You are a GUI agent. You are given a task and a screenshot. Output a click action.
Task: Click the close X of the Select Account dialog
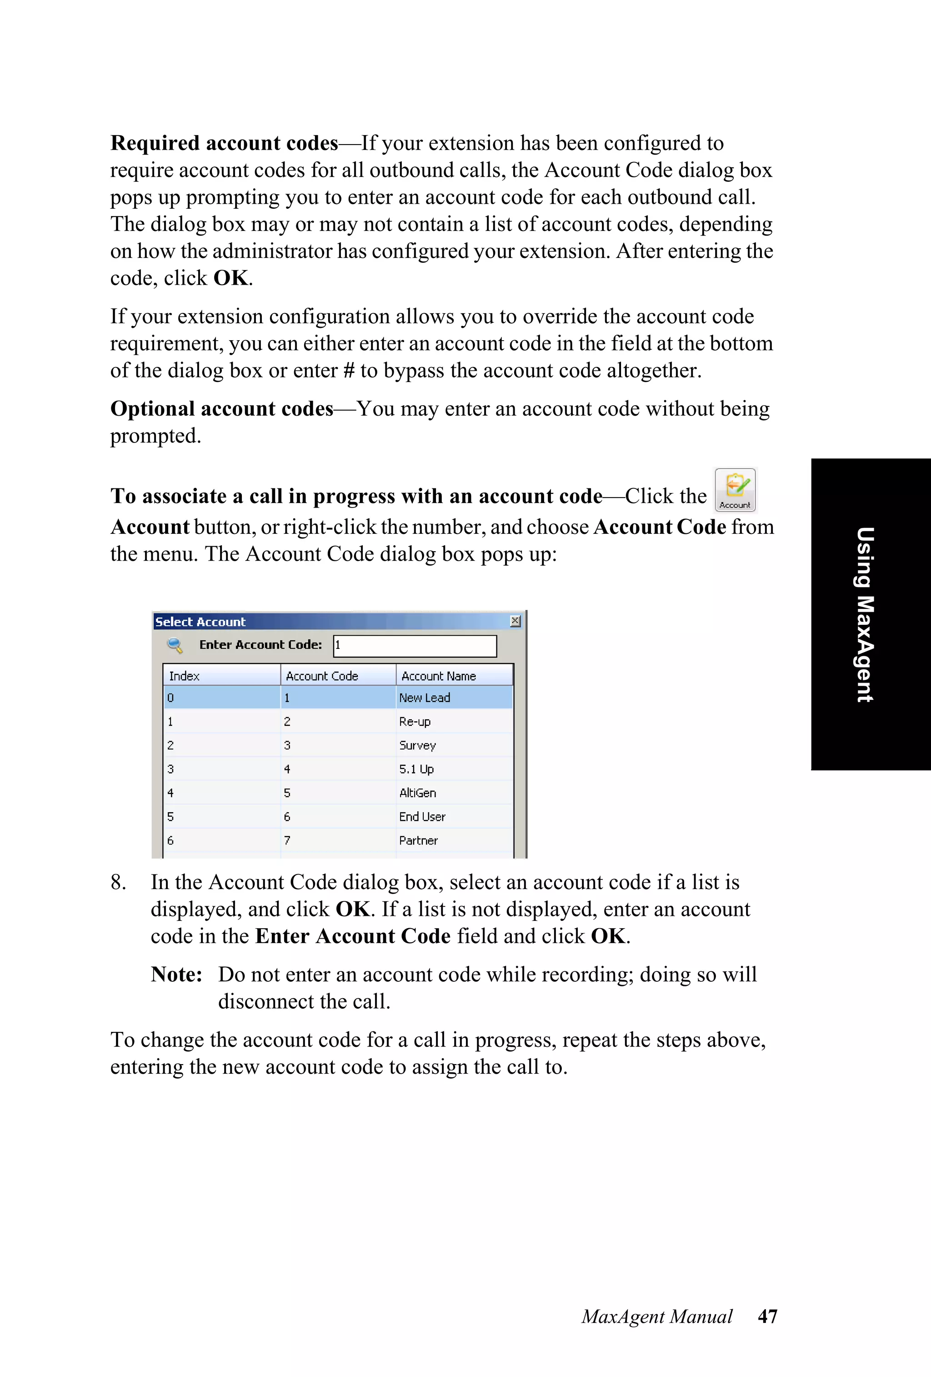[515, 620]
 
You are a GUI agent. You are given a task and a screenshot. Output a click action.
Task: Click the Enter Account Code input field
[415, 646]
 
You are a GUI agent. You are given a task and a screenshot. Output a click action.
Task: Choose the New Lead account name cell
[425, 698]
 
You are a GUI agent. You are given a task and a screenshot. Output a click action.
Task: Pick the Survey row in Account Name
[417, 745]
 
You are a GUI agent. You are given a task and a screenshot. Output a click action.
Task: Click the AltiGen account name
[417, 793]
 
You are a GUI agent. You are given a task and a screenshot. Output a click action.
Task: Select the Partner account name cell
[418, 840]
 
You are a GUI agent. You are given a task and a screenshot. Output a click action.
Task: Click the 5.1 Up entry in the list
[416, 769]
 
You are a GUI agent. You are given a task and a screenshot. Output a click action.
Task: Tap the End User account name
[422, 816]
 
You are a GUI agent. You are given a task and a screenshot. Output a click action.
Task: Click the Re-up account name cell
[415, 722]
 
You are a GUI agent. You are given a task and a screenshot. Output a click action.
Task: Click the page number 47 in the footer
[767, 1316]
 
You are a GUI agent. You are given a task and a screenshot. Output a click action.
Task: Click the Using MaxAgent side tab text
[865, 614]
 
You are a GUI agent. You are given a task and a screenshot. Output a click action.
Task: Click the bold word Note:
[176, 975]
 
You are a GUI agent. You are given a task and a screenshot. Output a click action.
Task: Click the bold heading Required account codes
[224, 143]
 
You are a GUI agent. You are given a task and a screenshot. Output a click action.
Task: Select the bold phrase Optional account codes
[221, 409]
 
